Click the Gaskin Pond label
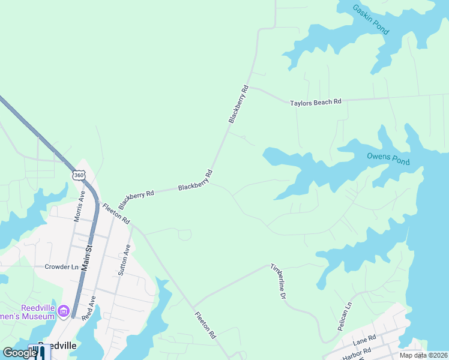tap(371, 19)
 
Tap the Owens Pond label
tap(388, 159)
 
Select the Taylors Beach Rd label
tap(316, 103)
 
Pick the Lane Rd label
tap(364, 340)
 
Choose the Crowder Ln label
tap(61, 266)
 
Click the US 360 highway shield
tap(79, 175)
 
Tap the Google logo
tap(20, 353)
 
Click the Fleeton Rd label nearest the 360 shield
tap(116, 214)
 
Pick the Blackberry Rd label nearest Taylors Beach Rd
tap(238, 105)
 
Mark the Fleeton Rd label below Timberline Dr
tap(205, 326)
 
